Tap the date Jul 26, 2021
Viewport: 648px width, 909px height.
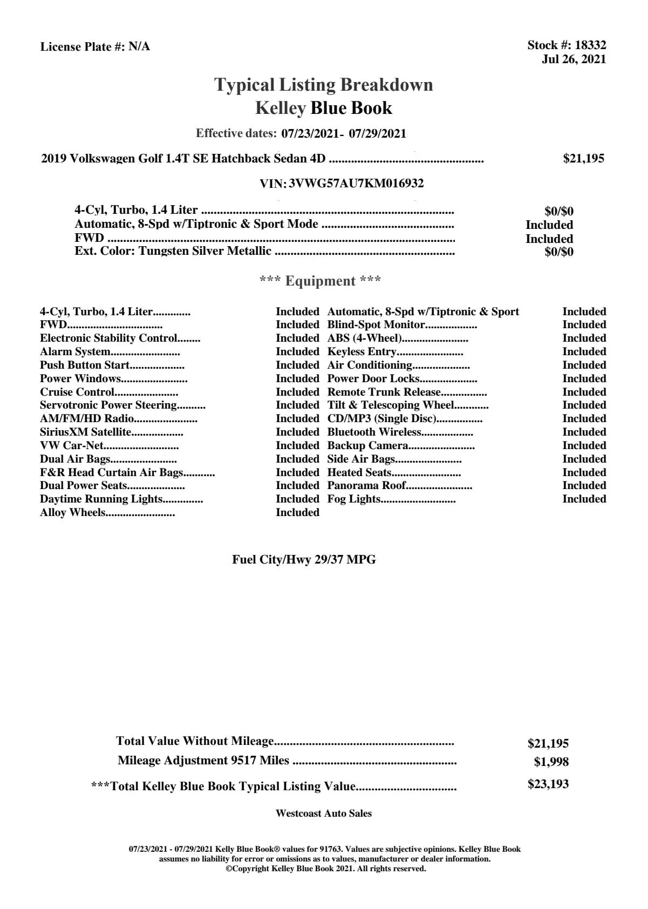coord(574,59)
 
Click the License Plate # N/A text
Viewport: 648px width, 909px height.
coord(95,47)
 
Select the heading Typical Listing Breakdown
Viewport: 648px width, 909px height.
coord(324,85)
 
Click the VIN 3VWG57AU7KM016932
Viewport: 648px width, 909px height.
coord(356,184)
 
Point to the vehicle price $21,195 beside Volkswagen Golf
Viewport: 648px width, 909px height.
coord(583,158)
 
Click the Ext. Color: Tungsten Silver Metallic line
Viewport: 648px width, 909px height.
coord(173,251)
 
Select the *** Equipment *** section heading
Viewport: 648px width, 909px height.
coord(320,281)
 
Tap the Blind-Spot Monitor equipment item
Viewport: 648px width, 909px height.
coord(376,325)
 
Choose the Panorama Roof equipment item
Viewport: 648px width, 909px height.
coord(367,485)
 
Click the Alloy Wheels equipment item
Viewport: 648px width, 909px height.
coord(72,512)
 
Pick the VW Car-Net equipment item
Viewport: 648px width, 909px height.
coord(71,445)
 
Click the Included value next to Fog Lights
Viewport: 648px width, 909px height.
coord(584,499)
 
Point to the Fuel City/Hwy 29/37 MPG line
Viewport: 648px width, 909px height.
coord(304,560)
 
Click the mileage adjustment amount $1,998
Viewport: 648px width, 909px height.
coord(551,762)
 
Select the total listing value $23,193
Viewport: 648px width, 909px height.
coord(548,784)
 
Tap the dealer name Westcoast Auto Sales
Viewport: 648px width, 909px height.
coord(323,813)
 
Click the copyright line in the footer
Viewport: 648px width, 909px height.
coord(325,869)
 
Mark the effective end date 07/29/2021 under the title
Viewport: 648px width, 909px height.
coord(377,133)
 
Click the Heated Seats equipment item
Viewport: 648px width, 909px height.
coord(359,472)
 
